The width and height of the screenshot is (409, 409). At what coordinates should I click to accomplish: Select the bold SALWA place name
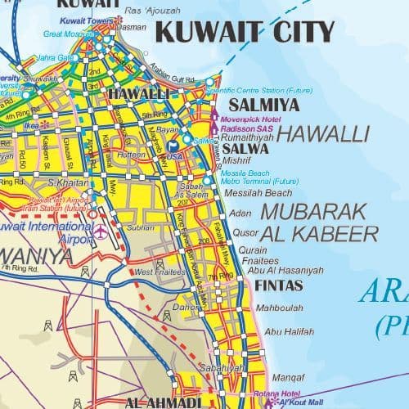(x=245, y=149)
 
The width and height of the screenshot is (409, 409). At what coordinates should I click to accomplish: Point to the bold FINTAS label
(x=280, y=285)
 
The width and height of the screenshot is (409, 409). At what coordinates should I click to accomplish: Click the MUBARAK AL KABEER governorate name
(x=320, y=222)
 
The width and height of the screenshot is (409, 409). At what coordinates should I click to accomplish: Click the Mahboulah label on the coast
(x=279, y=308)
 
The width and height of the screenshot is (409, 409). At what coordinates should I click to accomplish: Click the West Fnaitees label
(x=155, y=271)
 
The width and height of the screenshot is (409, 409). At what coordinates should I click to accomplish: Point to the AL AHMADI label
(x=163, y=402)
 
